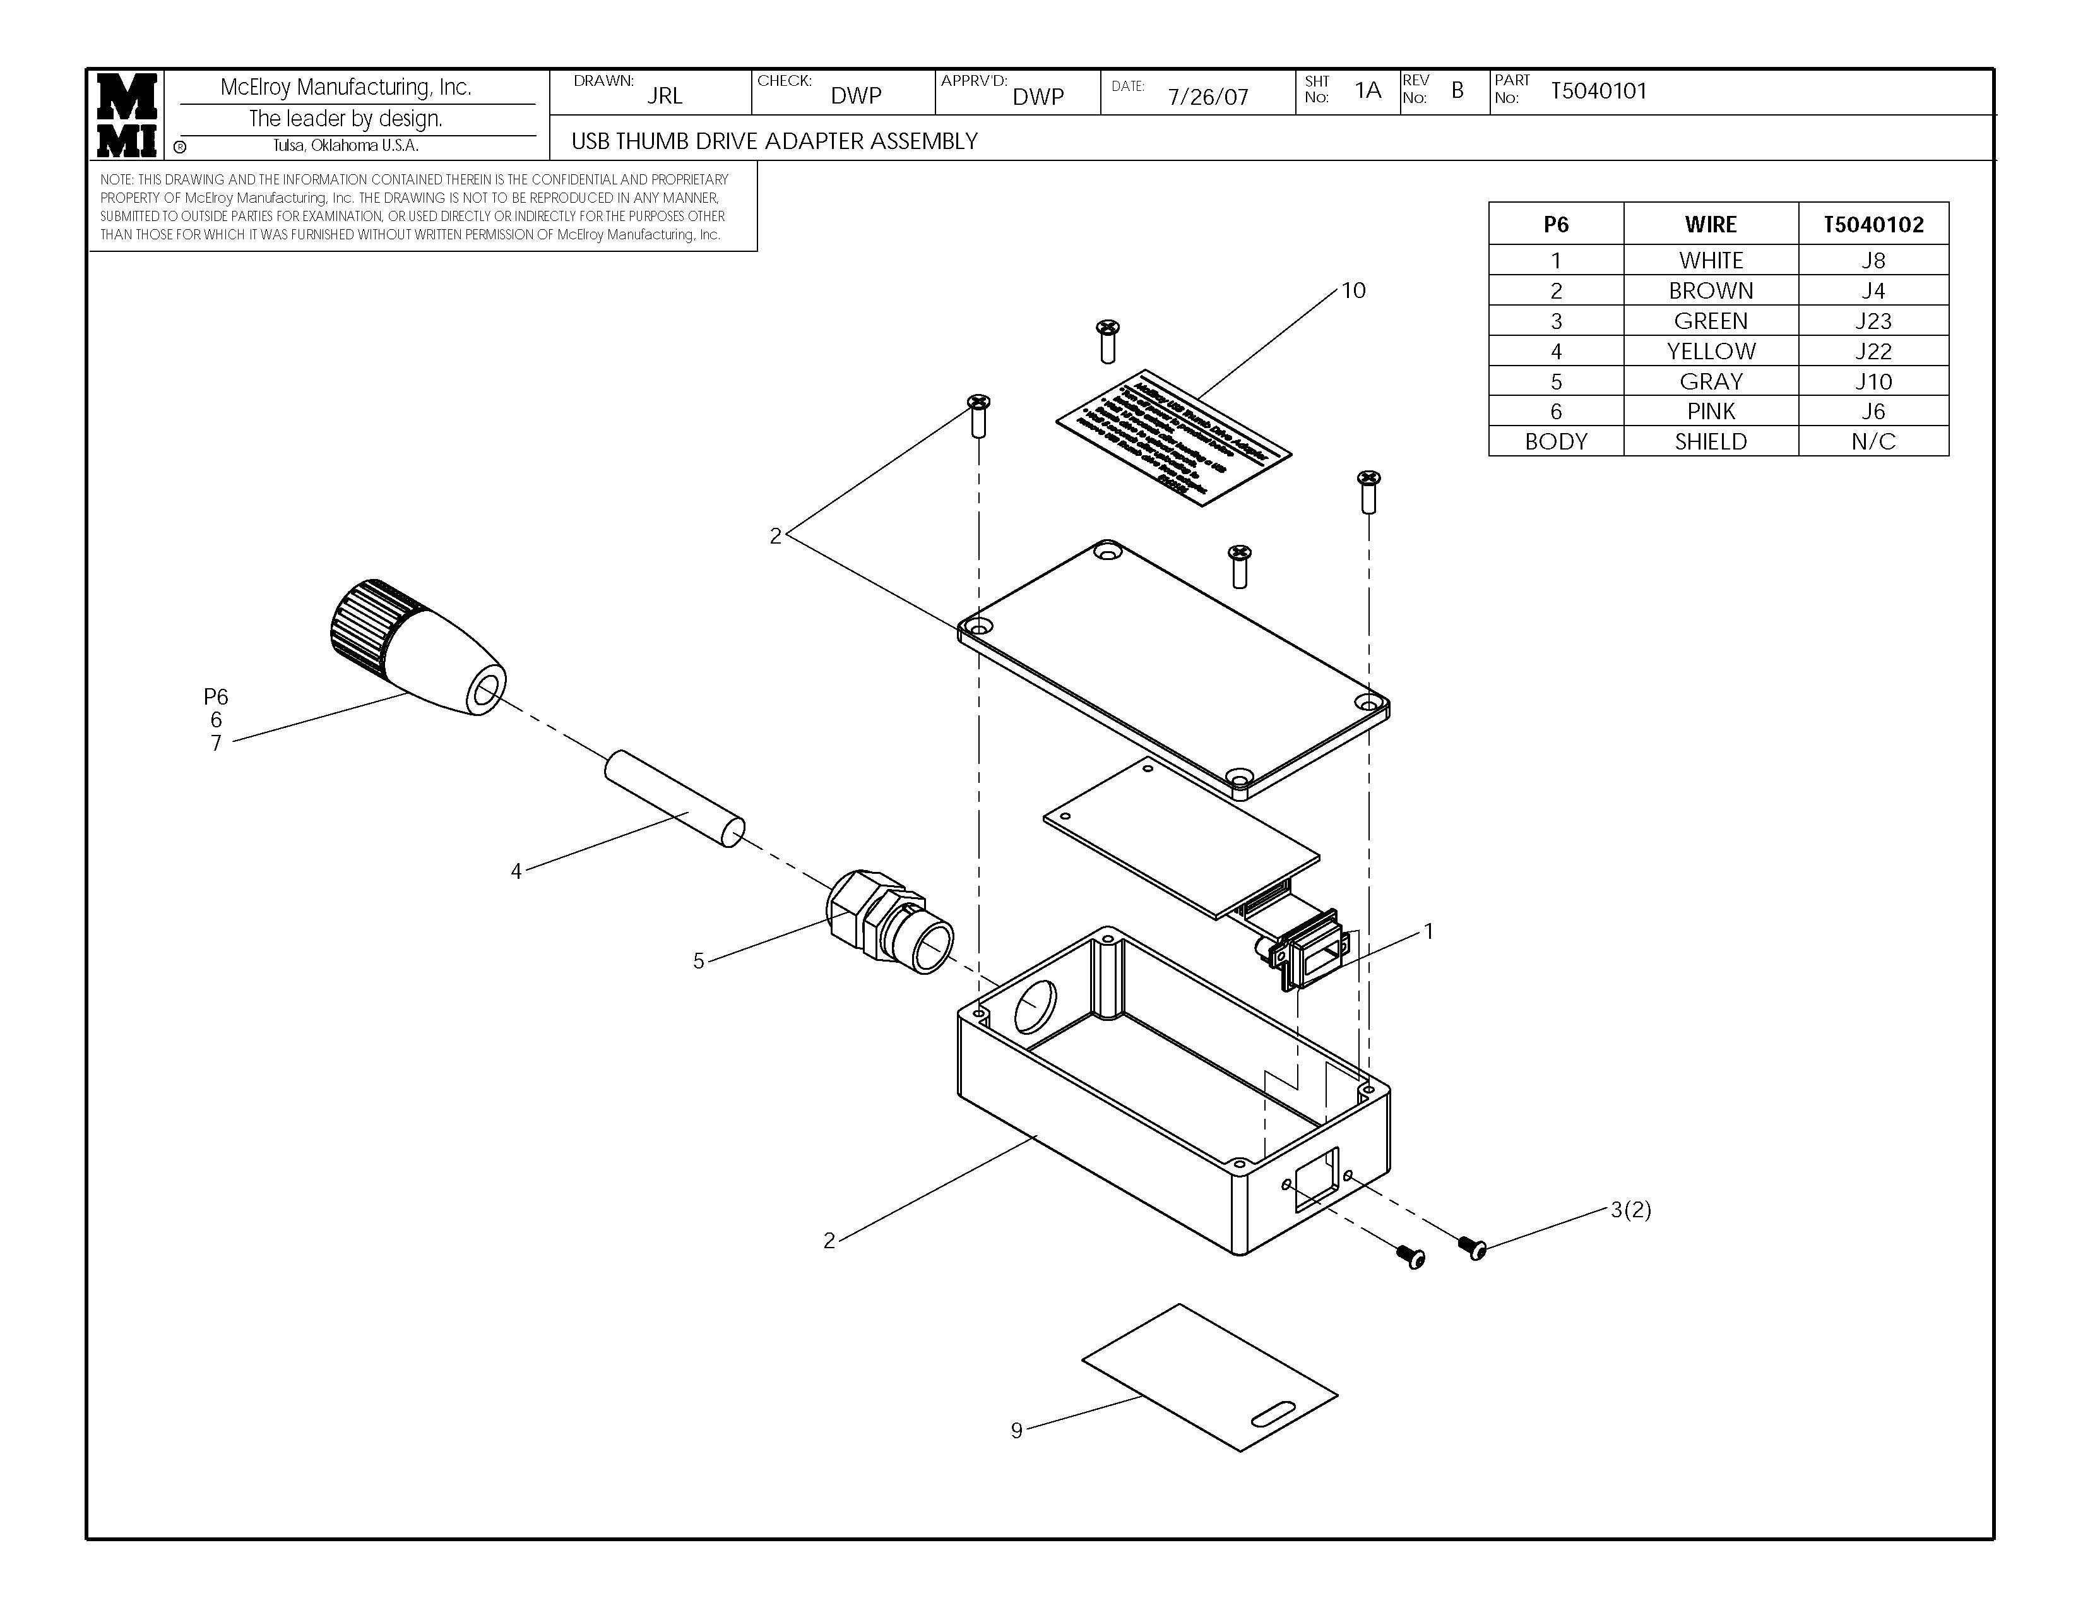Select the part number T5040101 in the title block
coord(1598,92)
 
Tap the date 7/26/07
coord(1208,97)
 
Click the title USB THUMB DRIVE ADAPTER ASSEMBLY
coord(774,141)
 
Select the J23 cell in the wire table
coord(1872,321)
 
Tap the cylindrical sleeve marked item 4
coord(674,799)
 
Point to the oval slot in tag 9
coord(1273,1414)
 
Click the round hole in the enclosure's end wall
coord(1034,1005)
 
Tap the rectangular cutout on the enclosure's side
coord(1316,1180)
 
